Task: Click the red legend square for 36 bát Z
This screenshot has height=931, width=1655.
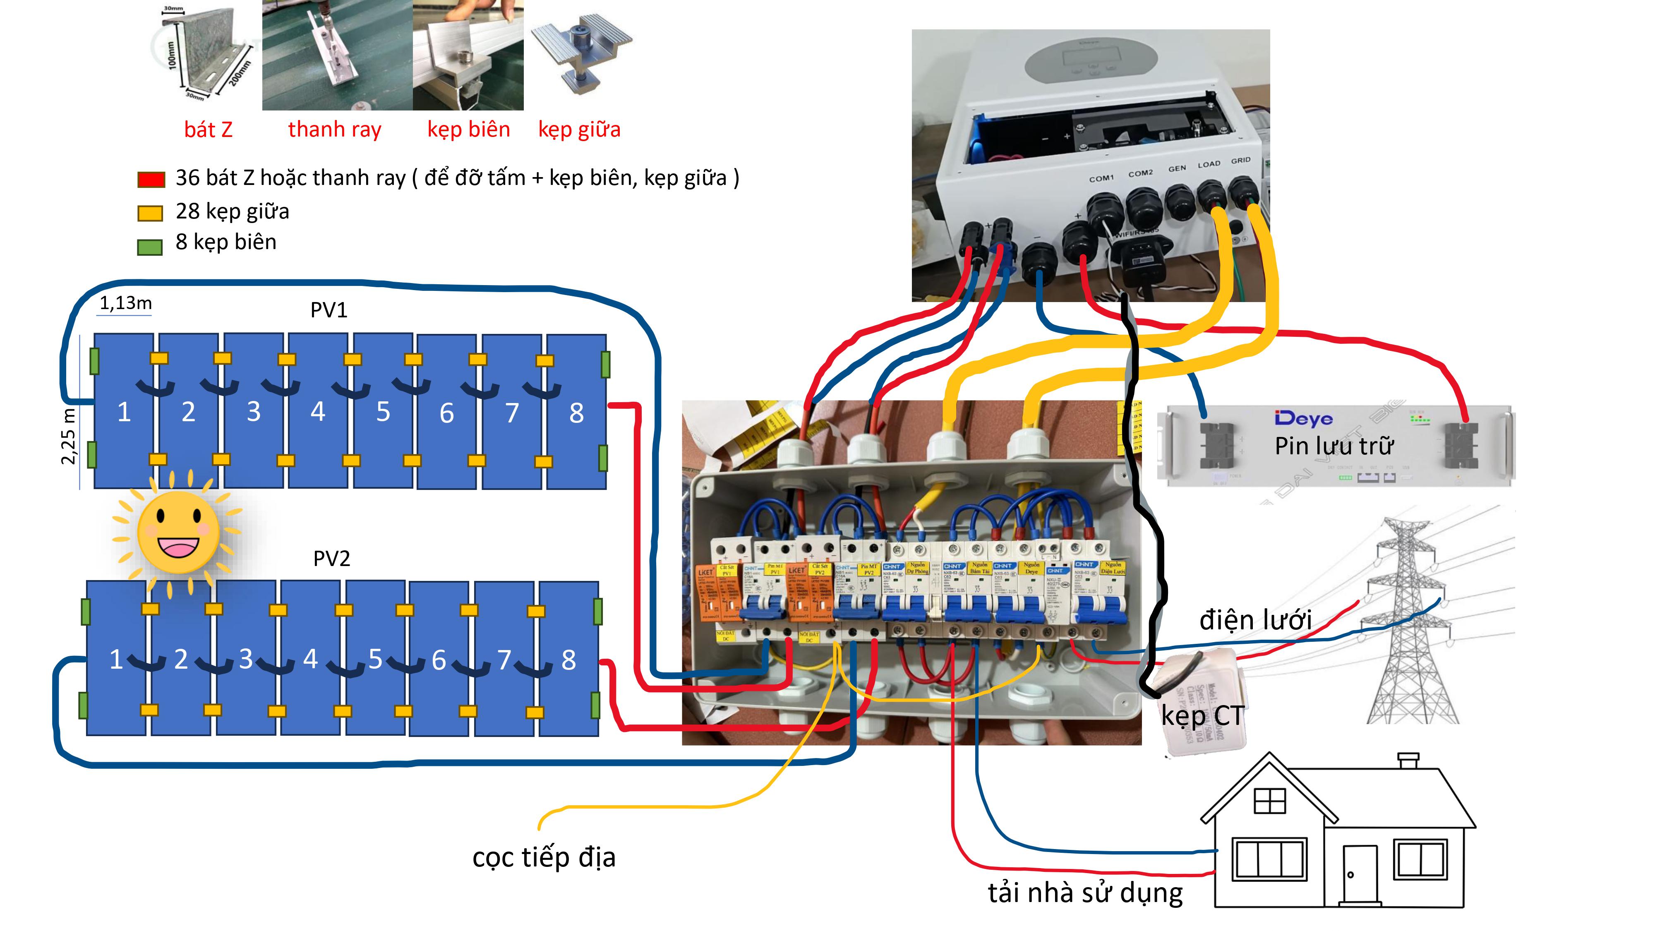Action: click(151, 179)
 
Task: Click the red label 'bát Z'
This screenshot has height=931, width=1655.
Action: click(208, 130)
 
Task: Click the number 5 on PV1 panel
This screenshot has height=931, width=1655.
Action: click(383, 412)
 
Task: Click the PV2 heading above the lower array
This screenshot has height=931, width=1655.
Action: click(331, 558)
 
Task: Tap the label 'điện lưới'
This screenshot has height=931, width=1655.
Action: click(1255, 620)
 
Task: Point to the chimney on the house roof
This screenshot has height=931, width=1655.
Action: click(1408, 761)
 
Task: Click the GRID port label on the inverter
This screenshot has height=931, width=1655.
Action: click(1240, 160)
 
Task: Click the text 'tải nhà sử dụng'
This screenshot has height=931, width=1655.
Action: click(1085, 893)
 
